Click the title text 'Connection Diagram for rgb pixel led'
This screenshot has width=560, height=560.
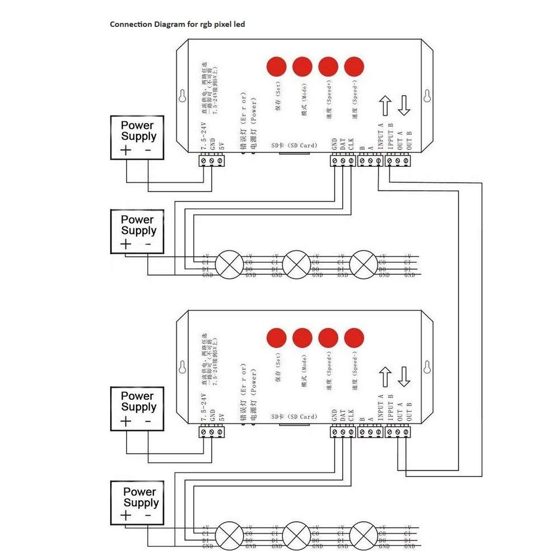(177, 25)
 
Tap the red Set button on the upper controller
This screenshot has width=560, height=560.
(276, 67)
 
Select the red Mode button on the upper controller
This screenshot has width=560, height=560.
(302, 67)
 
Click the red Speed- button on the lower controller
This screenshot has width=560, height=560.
(354, 337)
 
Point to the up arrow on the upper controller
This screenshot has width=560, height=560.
(385, 106)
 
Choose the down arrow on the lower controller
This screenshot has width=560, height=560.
(404, 377)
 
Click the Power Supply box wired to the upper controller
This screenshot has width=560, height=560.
(137, 138)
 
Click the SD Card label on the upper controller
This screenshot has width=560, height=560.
(294, 146)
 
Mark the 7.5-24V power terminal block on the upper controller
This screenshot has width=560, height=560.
(212, 161)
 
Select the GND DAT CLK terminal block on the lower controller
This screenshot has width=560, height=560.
(343, 432)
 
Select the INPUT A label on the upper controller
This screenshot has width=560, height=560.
(381, 136)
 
